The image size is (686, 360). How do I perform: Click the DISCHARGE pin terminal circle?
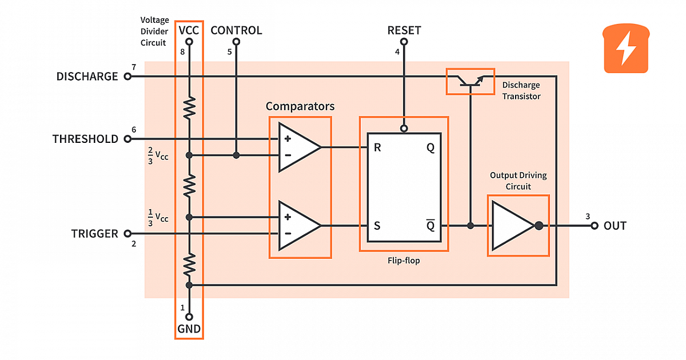coord(127,77)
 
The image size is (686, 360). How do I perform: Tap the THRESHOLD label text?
coord(85,139)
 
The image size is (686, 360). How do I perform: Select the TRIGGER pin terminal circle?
coord(127,234)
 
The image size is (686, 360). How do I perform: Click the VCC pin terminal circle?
coord(189,42)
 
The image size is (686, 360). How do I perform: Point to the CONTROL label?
coord(236,30)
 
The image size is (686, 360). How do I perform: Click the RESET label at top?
coord(404,30)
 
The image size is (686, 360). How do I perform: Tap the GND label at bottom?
coord(189,329)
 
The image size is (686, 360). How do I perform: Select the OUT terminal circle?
coord(595,226)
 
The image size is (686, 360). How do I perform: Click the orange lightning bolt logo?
coord(627,49)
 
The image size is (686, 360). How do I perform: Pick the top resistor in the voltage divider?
coord(189,108)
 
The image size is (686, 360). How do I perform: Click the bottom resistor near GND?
coord(189,265)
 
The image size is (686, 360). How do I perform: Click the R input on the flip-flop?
coord(377,147)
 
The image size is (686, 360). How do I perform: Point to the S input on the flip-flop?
coord(377,226)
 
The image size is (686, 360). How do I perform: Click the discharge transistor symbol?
coord(470,81)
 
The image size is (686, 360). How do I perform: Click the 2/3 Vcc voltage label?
coord(158,155)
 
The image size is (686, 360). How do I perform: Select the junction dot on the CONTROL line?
coord(236,155)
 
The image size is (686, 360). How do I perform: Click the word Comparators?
coord(300,106)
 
